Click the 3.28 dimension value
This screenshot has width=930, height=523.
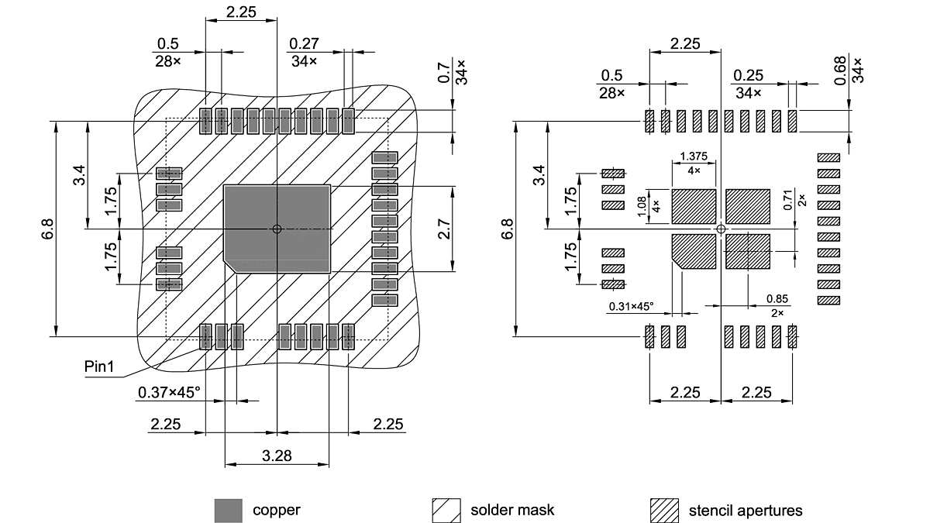tap(277, 456)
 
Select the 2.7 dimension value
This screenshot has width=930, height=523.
tap(445, 229)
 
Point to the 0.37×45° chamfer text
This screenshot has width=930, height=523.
tap(169, 392)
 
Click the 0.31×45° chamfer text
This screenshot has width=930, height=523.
tap(631, 307)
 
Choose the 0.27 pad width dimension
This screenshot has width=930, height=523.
tap(302, 43)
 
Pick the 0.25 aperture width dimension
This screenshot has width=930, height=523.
tap(749, 75)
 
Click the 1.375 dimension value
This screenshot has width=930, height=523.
tap(692, 157)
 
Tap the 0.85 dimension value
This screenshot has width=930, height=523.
tap(777, 299)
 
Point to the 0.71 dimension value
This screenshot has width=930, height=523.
tap(787, 201)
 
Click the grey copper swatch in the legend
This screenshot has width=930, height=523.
tap(228, 511)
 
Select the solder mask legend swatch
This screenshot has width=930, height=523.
tap(446, 511)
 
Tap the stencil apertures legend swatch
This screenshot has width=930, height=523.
tap(663, 511)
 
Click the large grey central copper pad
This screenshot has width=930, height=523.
tap(277, 229)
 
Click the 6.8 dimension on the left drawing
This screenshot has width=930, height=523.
tap(48, 229)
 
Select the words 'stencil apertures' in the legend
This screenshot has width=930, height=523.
tap(746, 511)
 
